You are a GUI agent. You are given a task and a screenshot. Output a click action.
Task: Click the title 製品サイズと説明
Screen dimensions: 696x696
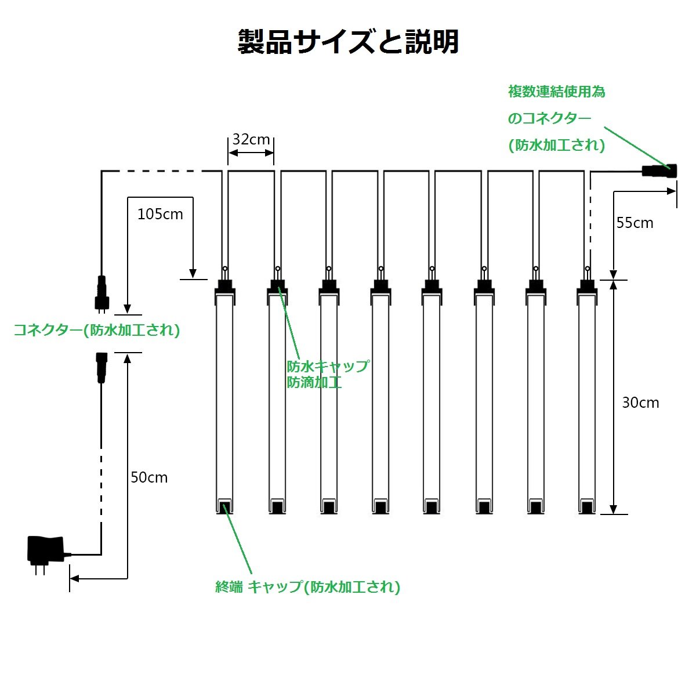click(x=348, y=42)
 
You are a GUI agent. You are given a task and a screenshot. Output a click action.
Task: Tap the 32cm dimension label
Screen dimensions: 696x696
click(x=251, y=139)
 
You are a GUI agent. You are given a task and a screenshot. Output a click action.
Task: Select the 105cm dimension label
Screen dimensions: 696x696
click(x=160, y=214)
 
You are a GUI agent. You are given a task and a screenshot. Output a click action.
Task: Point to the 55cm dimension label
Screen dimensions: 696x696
click(x=635, y=223)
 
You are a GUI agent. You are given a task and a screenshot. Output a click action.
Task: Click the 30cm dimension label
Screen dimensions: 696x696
click(x=640, y=403)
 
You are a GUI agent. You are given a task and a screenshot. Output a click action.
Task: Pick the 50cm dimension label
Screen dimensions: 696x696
click(x=149, y=477)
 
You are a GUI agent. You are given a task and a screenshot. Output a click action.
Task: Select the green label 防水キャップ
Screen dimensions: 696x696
click(x=328, y=367)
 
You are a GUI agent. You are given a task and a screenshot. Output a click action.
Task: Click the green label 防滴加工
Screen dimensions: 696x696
click(x=314, y=383)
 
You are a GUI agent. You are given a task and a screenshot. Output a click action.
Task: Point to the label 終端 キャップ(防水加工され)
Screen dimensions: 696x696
click(x=307, y=587)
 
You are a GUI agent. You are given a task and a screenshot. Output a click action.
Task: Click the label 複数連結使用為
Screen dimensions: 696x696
click(x=557, y=92)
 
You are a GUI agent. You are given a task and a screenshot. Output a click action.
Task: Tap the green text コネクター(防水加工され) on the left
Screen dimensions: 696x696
click(x=97, y=330)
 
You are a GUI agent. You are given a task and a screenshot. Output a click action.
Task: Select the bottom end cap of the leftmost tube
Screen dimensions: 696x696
click(x=224, y=506)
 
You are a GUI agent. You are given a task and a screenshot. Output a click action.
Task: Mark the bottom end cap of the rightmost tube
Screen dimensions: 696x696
click(x=587, y=506)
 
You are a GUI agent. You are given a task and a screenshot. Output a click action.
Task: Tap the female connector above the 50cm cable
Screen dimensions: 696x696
click(x=101, y=367)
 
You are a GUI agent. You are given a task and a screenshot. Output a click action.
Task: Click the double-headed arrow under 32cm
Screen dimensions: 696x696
click(x=251, y=153)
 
